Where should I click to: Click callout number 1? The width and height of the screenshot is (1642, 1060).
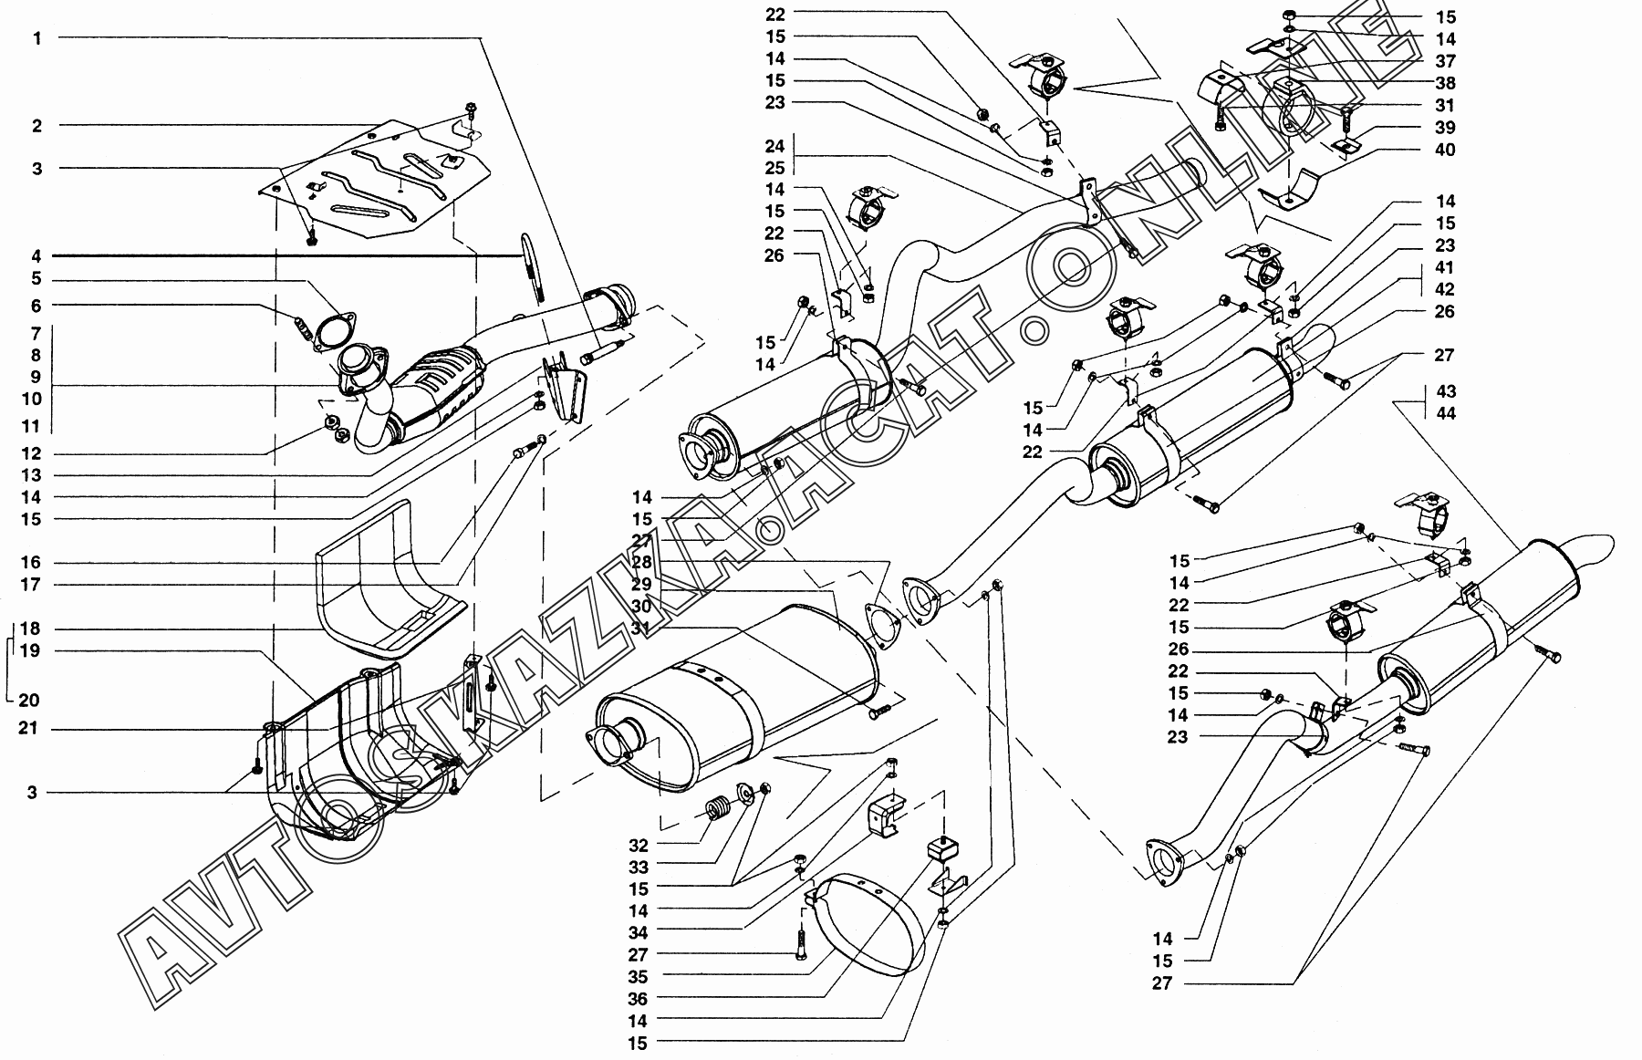pyautogui.click(x=37, y=38)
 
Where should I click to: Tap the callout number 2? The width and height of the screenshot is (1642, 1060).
pyautogui.click(x=37, y=126)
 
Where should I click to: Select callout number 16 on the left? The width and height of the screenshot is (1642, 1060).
pyautogui.click(x=32, y=563)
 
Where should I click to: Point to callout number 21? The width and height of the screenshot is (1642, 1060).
pyautogui.click(x=32, y=730)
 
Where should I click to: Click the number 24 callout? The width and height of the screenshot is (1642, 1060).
pyautogui.click(x=774, y=146)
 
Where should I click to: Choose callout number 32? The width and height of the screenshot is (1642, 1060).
pyautogui.click(x=639, y=845)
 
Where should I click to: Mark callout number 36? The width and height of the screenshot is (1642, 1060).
pyautogui.click(x=639, y=999)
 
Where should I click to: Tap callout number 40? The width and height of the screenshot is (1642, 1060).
pyautogui.click(x=1444, y=150)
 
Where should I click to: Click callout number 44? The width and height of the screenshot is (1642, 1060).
pyautogui.click(x=1444, y=413)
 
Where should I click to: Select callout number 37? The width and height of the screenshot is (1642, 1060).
pyautogui.click(x=1444, y=61)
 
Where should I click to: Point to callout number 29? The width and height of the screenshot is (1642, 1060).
pyautogui.click(x=642, y=585)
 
